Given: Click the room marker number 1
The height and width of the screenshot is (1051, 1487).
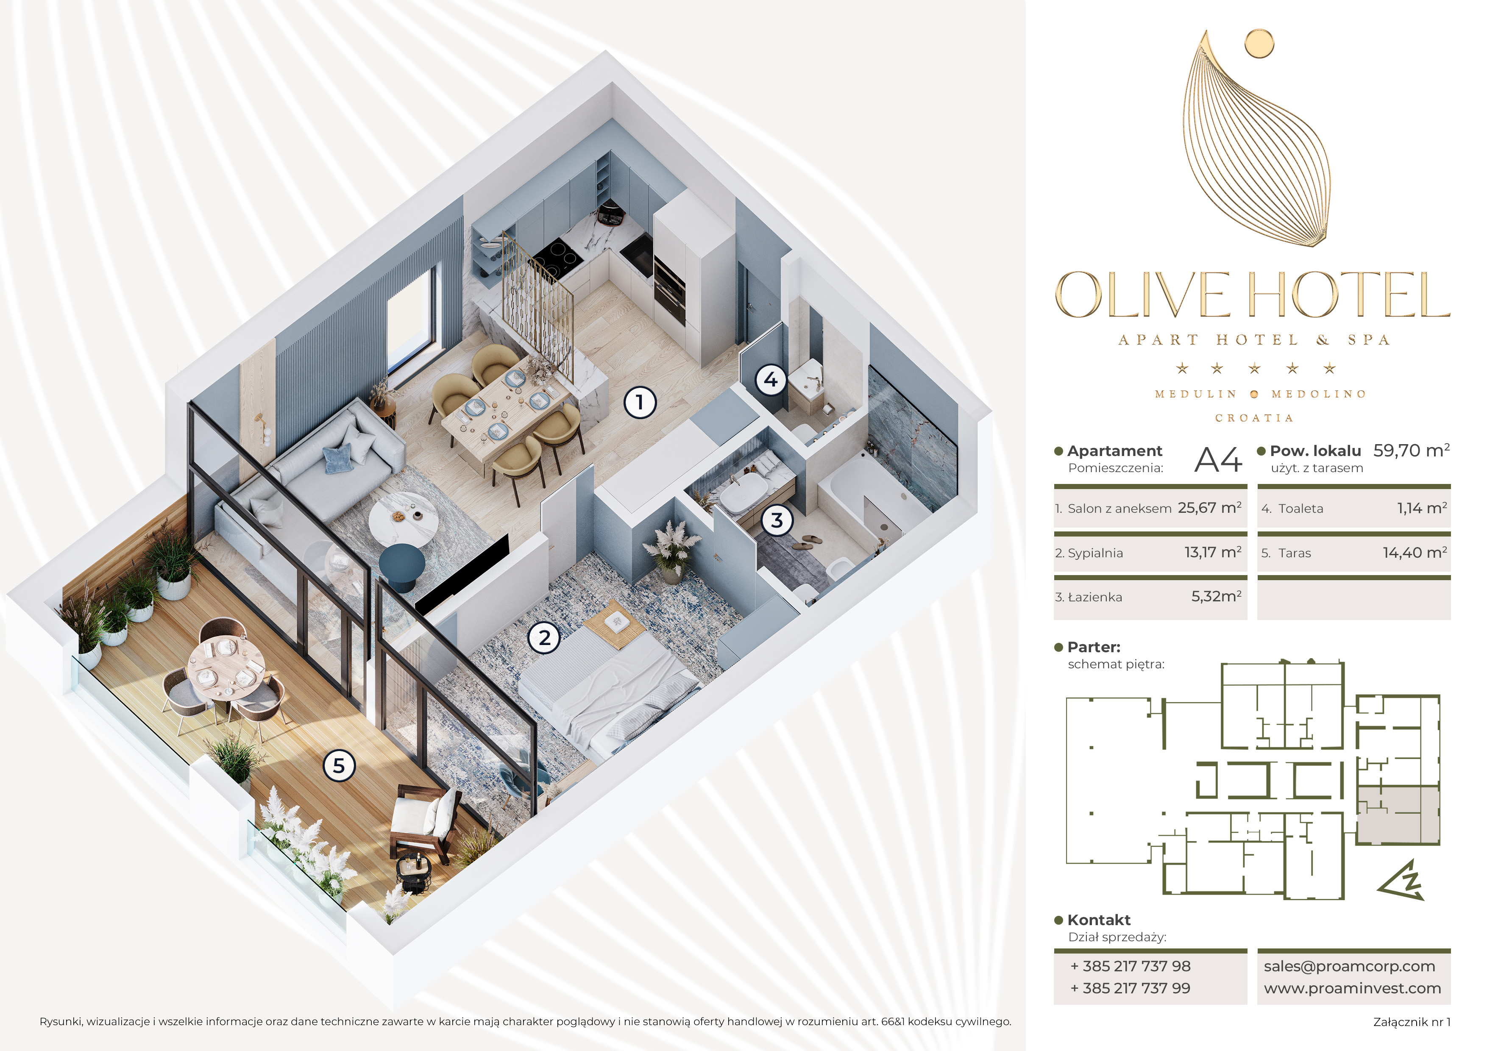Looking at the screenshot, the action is pos(640,402).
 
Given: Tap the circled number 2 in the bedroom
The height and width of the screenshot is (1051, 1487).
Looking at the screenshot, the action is pos(544,638).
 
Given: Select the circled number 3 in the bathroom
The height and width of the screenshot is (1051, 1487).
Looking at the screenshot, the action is pos(777,520).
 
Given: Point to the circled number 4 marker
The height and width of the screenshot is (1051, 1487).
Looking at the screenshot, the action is pos(771,379).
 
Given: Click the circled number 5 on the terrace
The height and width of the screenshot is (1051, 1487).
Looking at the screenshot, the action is pos(339,766).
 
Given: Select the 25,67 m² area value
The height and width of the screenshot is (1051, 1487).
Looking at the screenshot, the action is pos(1209,508).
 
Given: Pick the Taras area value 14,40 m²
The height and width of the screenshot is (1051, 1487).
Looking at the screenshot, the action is pos(1415,552).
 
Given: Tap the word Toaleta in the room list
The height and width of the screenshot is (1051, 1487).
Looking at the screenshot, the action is pos(1300,509).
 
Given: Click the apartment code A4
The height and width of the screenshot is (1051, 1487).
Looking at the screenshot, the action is pos(1217,460).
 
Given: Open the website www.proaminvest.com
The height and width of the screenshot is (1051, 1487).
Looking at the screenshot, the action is pos(1352,988).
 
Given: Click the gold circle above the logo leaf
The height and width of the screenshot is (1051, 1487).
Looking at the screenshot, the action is pos(1259,43).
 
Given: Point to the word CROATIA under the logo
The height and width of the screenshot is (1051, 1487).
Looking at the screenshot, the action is pos(1254,418).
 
